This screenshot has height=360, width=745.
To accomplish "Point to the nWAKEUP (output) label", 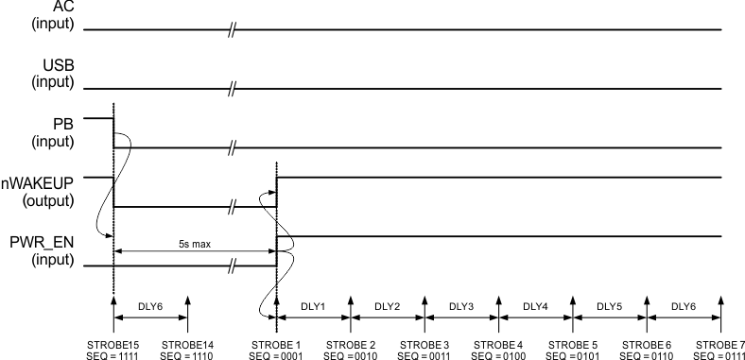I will pyautogui.click(x=49, y=191).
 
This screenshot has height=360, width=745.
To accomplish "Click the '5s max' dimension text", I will pyautogui.click(x=195, y=243).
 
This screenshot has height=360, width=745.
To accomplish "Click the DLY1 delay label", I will pyautogui.click(x=314, y=306).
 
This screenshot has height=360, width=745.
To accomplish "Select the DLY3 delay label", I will pyautogui.click(x=462, y=306).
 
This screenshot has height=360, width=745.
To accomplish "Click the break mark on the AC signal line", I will pyautogui.click(x=231, y=30).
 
